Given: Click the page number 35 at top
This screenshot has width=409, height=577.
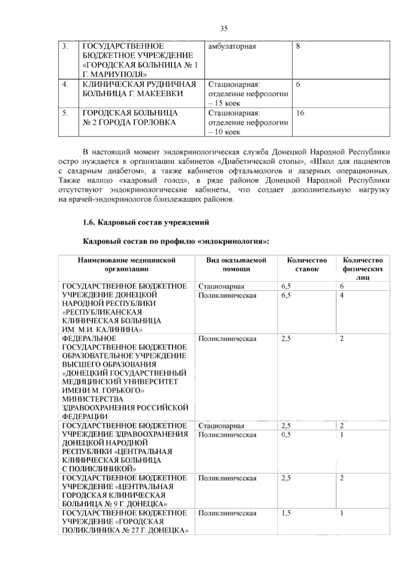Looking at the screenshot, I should (x=224, y=29).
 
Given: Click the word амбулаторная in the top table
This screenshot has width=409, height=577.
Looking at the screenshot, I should (x=232, y=46).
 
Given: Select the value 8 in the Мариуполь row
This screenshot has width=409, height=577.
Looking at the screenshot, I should (x=298, y=46).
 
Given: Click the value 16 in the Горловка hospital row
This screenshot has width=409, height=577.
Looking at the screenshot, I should (x=300, y=113).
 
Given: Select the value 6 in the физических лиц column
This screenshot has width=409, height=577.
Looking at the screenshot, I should (x=342, y=286).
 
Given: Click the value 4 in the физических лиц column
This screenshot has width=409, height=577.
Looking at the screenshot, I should (x=342, y=295).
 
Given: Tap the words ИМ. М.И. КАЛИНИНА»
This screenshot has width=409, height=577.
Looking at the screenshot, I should (x=102, y=330).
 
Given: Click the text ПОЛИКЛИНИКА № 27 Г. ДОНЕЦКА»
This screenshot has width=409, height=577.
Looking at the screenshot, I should (x=125, y=530).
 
